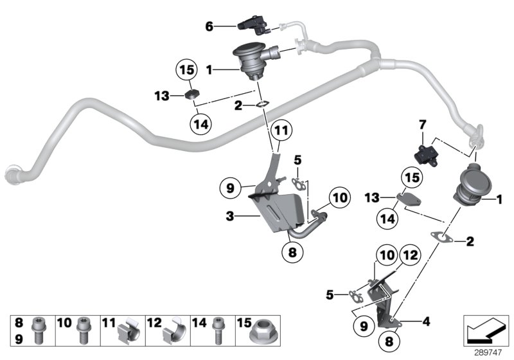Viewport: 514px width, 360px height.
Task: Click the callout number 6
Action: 209,26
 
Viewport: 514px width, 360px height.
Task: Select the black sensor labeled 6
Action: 251,26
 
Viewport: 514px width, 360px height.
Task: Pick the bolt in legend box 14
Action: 217,330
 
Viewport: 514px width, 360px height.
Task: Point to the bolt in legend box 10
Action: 82,330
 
